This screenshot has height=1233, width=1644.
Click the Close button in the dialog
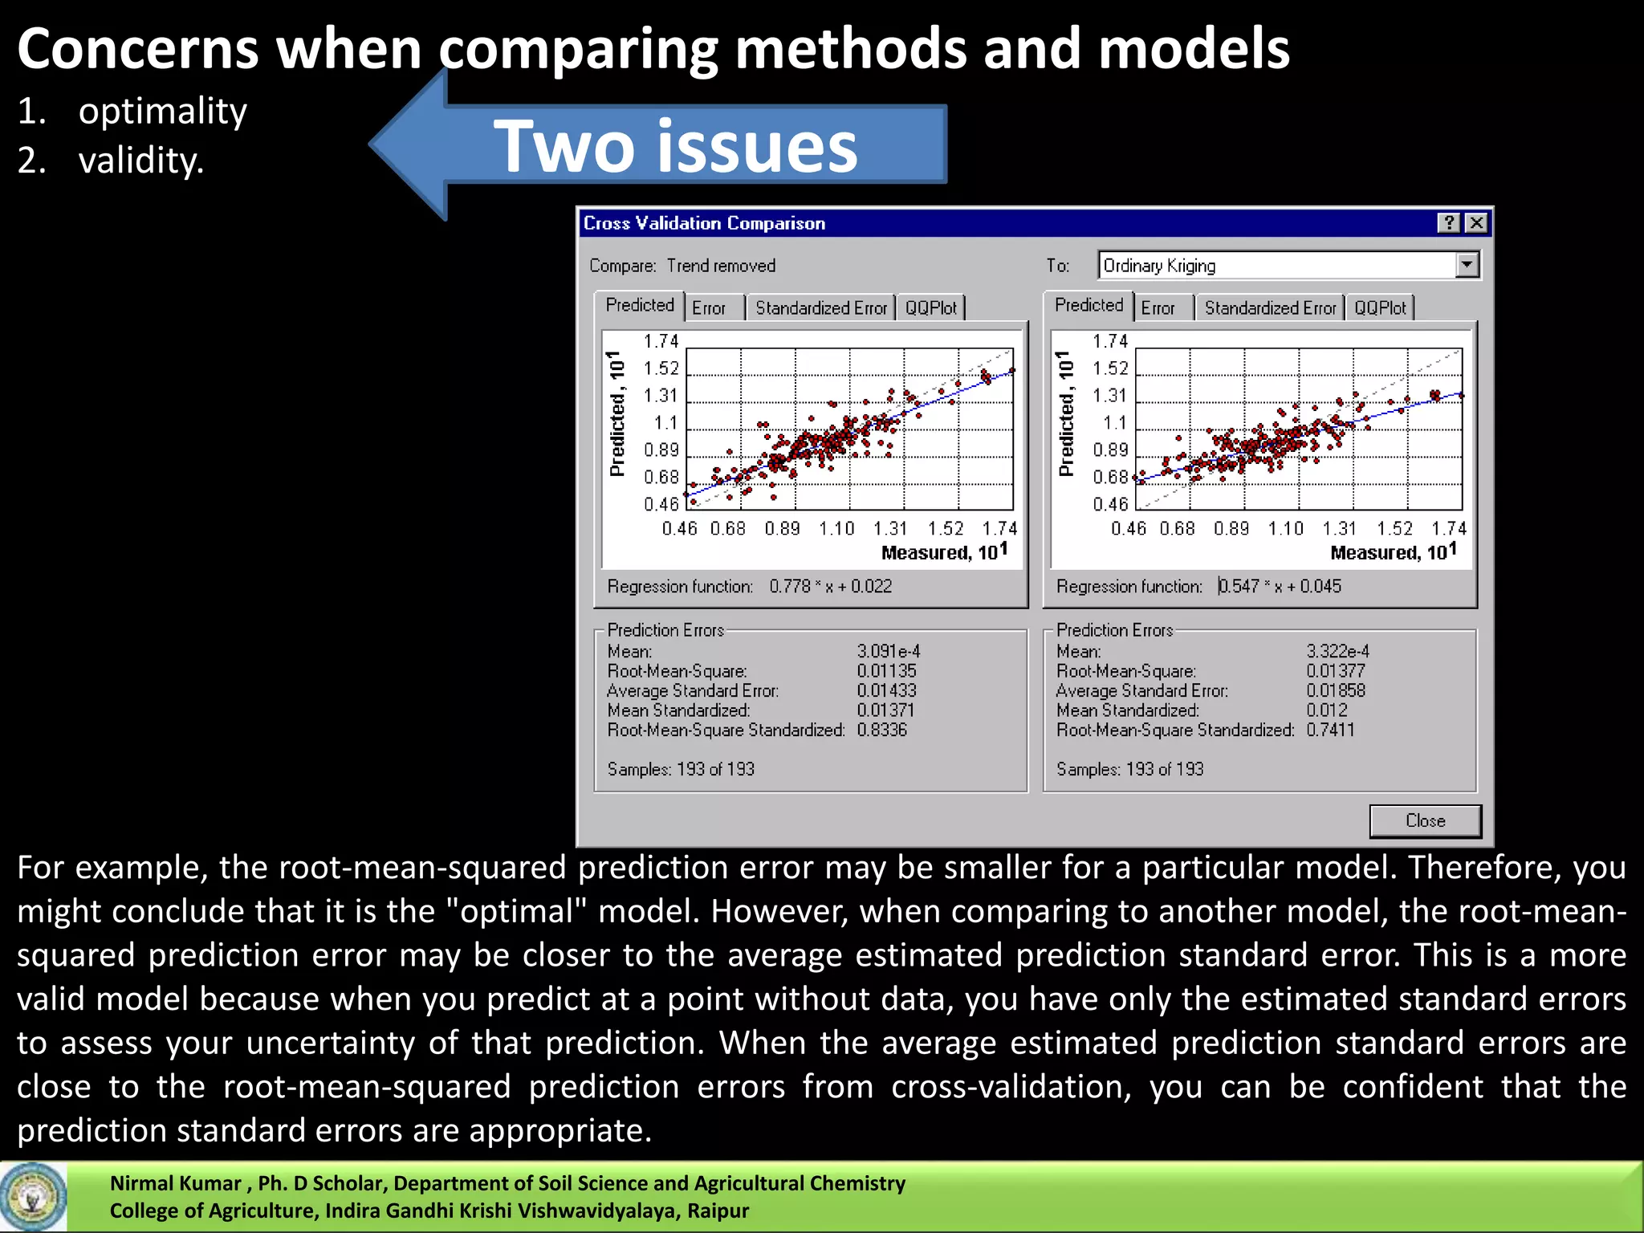(x=1425, y=820)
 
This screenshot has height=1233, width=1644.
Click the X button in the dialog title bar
(x=1476, y=223)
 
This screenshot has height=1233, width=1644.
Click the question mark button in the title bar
(x=1448, y=223)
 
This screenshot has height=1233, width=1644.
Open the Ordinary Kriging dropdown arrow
(x=1467, y=265)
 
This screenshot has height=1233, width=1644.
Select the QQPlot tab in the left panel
(x=930, y=308)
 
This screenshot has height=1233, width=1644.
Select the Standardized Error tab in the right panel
(x=1269, y=308)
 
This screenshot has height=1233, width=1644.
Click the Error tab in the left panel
(x=709, y=308)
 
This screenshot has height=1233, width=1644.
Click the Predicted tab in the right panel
(x=1089, y=306)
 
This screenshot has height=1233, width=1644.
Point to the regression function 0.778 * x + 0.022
(x=830, y=587)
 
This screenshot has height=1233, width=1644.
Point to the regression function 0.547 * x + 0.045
(x=1280, y=587)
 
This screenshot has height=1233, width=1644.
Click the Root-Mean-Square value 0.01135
(x=886, y=671)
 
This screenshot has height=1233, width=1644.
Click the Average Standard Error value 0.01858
(x=1335, y=690)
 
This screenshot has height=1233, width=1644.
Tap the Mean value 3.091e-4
(x=888, y=651)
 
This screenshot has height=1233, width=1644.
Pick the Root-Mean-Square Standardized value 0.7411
(x=1329, y=730)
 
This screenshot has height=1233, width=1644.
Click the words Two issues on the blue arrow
(x=675, y=146)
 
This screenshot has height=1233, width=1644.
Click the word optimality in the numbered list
(x=162, y=111)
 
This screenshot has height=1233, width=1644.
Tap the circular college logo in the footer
(x=33, y=1197)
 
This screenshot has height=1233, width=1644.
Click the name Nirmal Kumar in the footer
(x=175, y=1183)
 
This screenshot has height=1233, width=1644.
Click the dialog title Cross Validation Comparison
(x=704, y=223)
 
